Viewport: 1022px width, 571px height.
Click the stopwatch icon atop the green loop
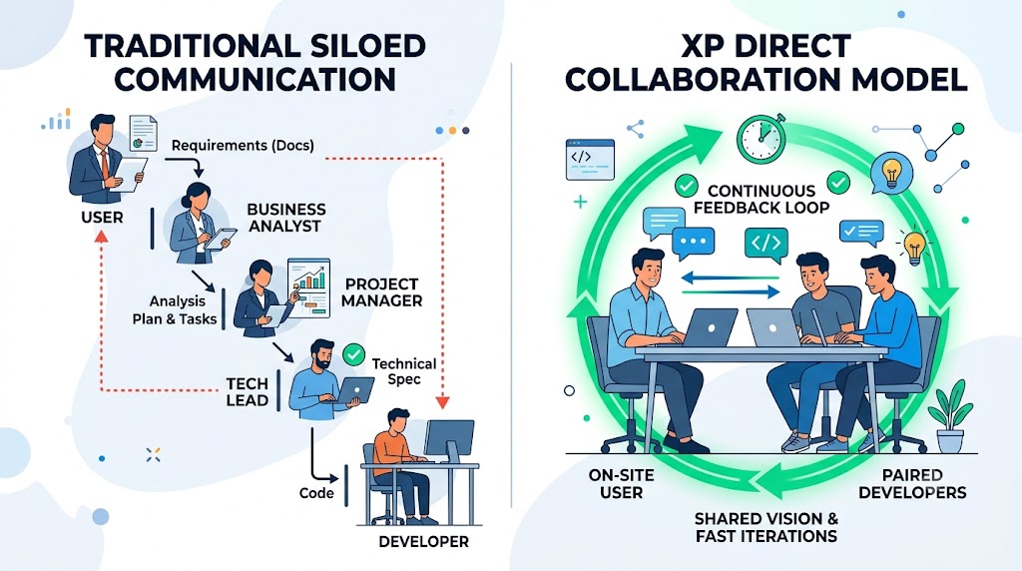761,138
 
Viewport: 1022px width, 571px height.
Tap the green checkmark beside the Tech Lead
353,354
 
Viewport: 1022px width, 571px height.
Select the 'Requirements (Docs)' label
243,146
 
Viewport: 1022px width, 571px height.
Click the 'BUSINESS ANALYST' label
285,218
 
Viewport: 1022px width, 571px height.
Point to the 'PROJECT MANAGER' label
382,292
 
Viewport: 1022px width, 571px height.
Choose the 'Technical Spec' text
404,371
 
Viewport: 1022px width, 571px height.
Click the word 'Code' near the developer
316,493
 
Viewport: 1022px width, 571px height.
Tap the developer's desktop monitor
449,441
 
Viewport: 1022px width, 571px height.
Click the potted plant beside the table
950,417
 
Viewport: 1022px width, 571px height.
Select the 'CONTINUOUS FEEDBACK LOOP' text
762,200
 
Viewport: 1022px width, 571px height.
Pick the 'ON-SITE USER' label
621,484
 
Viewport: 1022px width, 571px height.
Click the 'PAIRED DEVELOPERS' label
912,484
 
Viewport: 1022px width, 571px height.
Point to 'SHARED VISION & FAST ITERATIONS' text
766,527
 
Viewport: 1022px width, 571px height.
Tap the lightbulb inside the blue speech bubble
890,172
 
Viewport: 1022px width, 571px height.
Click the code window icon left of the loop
590,160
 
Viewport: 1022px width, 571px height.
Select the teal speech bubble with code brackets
766,245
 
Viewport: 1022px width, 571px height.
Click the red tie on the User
104,165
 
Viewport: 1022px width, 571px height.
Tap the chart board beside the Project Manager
308,287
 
